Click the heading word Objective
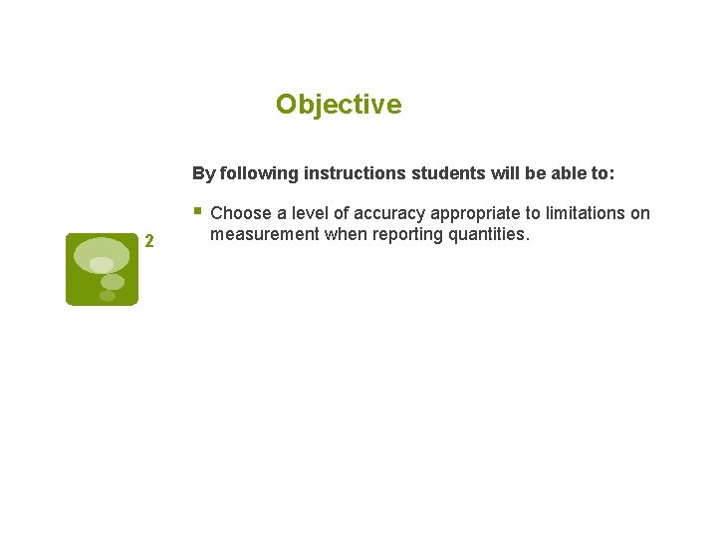(x=339, y=105)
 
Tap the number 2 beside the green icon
(x=148, y=240)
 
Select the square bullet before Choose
(x=198, y=211)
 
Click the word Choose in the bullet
(x=241, y=213)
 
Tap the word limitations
(x=582, y=213)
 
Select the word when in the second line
(x=342, y=234)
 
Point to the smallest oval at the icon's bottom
(x=108, y=296)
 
